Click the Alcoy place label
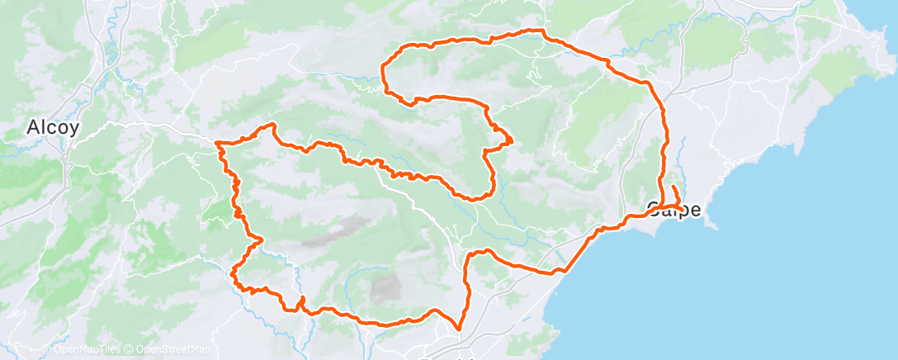coord(53,128)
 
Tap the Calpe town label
coord(674,210)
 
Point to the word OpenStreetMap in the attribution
coord(173,350)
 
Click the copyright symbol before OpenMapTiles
coord(47,350)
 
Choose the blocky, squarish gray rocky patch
coord(385,288)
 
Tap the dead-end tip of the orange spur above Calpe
coord(673,187)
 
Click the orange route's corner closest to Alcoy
coord(218,143)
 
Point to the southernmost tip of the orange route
coord(460,329)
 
